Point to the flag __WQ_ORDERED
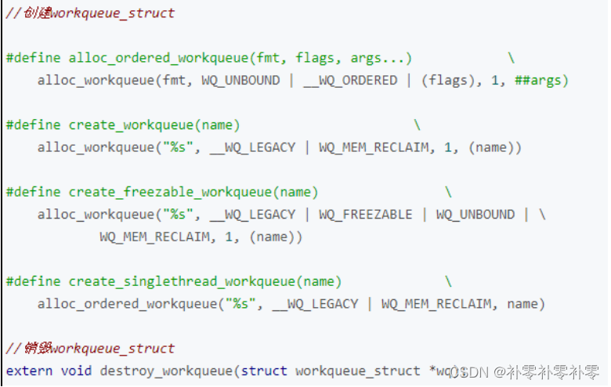pyautogui.click(x=350, y=81)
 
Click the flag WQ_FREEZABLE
pyautogui.click(x=365, y=215)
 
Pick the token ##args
pyautogui.click(x=541, y=81)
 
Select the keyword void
pyautogui.click(x=76, y=371)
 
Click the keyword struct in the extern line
pyautogui.click(x=264, y=371)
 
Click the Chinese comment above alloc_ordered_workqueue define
pyautogui.click(x=89, y=13)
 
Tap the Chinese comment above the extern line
pyautogui.click(x=89, y=349)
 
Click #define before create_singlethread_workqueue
pyautogui.click(x=33, y=281)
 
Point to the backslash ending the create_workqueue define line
pyautogui.click(x=417, y=125)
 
